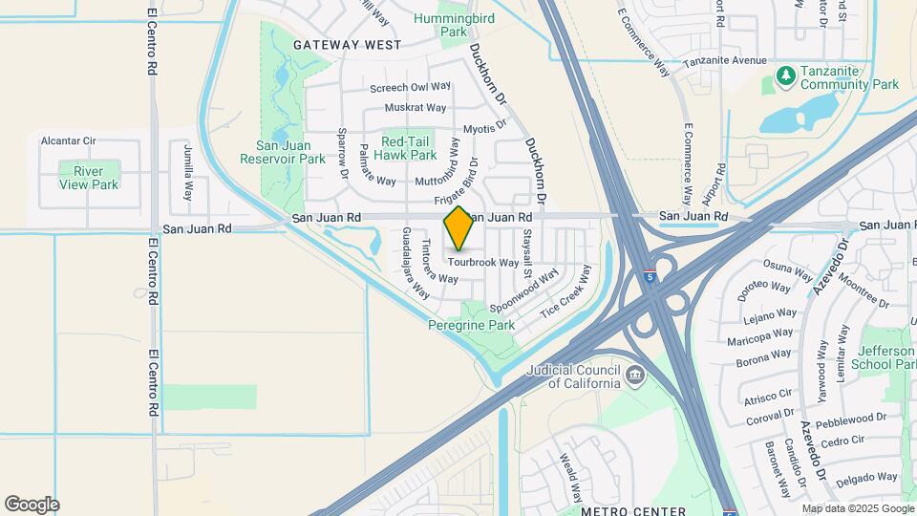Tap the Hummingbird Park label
(439, 25)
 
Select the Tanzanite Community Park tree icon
(785, 75)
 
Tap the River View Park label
(89, 178)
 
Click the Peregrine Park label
(471, 326)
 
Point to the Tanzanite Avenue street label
(725, 60)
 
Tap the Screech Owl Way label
(411, 88)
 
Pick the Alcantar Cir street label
(68, 140)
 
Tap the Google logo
(32, 505)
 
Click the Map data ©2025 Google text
(856, 508)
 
